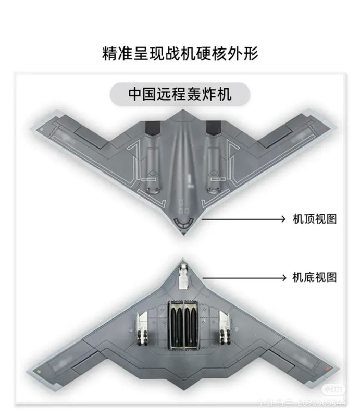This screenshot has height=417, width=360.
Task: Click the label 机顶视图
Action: [314, 219]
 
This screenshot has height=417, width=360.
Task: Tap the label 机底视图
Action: [314, 277]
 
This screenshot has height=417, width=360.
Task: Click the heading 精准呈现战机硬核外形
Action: [180, 54]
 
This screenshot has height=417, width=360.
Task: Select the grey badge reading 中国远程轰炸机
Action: [180, 95]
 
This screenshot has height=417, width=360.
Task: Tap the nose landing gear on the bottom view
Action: [183, 277]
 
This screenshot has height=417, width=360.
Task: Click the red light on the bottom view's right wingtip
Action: [326, 369]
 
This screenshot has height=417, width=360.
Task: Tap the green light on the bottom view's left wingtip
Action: [40, 369]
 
